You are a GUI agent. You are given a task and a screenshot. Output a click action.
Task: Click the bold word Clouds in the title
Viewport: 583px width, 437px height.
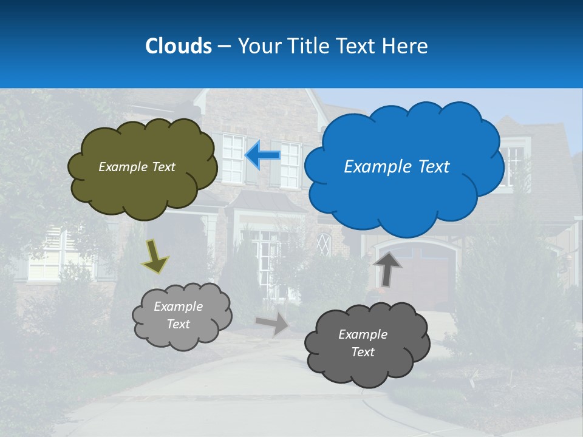tap(178, 46)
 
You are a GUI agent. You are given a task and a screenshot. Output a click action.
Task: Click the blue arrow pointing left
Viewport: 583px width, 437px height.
tap(262, 155)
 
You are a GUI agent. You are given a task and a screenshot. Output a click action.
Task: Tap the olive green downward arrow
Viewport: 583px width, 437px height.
tap(155, 256)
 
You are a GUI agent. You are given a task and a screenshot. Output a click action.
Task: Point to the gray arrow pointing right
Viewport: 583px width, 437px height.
tap(273, 324)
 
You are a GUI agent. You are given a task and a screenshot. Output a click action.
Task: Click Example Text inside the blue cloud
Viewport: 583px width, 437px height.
tap(397, 167)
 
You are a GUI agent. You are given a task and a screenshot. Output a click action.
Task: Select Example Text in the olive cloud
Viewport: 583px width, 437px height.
tap(137, 167)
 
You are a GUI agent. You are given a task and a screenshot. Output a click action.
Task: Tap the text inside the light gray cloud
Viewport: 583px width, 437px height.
tap(178, 315)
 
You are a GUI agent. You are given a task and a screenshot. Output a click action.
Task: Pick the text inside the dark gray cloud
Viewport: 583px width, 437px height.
tap(363, 343)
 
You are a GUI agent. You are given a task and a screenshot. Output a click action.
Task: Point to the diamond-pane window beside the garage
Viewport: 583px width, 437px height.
tap(324, 244)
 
